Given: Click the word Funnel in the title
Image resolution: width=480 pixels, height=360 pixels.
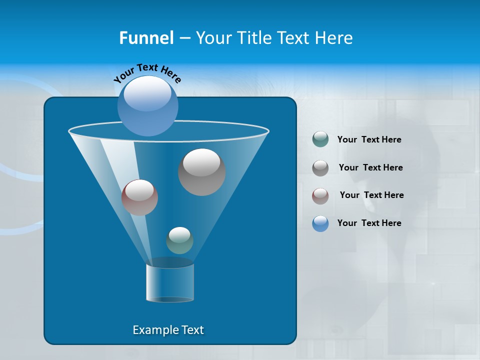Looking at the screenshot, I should click(146, 38).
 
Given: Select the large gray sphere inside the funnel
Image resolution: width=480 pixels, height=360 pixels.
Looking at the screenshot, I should click(202, 172).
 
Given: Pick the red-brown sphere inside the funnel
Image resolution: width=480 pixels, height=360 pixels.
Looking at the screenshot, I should click(140, 197).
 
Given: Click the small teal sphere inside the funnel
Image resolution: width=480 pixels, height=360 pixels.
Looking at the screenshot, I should click(179, 240).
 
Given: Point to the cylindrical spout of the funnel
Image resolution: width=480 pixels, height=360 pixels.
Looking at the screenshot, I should click(170, 282).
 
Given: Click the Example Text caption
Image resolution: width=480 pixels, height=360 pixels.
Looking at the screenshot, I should click(168, 330).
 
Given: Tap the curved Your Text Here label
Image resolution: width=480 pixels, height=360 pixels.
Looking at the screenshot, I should click(147, 73).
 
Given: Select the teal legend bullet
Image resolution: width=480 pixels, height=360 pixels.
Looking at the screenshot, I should click(320, 139).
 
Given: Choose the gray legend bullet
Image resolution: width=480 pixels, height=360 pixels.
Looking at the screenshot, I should click(320, 168).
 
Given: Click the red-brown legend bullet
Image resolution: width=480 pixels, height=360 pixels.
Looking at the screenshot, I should click(320, 195).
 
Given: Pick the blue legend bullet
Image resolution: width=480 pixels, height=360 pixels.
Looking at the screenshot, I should click(320, 223).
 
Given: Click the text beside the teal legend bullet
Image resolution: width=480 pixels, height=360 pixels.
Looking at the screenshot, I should click(369, 140).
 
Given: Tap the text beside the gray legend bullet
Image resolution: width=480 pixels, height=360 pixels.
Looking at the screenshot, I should click(370, 167).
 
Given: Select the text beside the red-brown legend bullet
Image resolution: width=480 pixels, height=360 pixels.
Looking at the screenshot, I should click(371, 195).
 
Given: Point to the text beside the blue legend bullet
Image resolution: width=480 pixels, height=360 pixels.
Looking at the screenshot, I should click(369, 223).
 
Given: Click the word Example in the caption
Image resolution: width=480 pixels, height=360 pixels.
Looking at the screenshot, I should click(155, 330).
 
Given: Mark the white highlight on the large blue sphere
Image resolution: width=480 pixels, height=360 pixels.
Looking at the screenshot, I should click(148, 94).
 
